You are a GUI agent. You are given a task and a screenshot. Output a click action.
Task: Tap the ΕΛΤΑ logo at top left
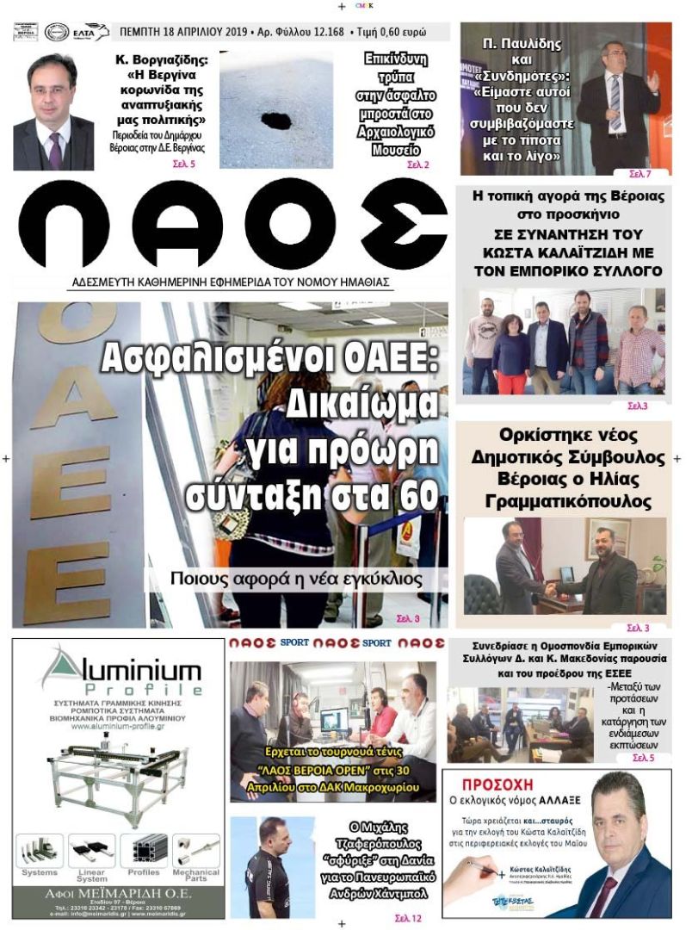point(90,33)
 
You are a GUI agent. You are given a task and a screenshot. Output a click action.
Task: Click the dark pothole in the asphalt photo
point(276,119)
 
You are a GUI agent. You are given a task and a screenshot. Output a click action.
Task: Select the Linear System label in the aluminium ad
point(92,875)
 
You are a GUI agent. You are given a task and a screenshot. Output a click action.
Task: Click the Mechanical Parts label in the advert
point(196,875)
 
